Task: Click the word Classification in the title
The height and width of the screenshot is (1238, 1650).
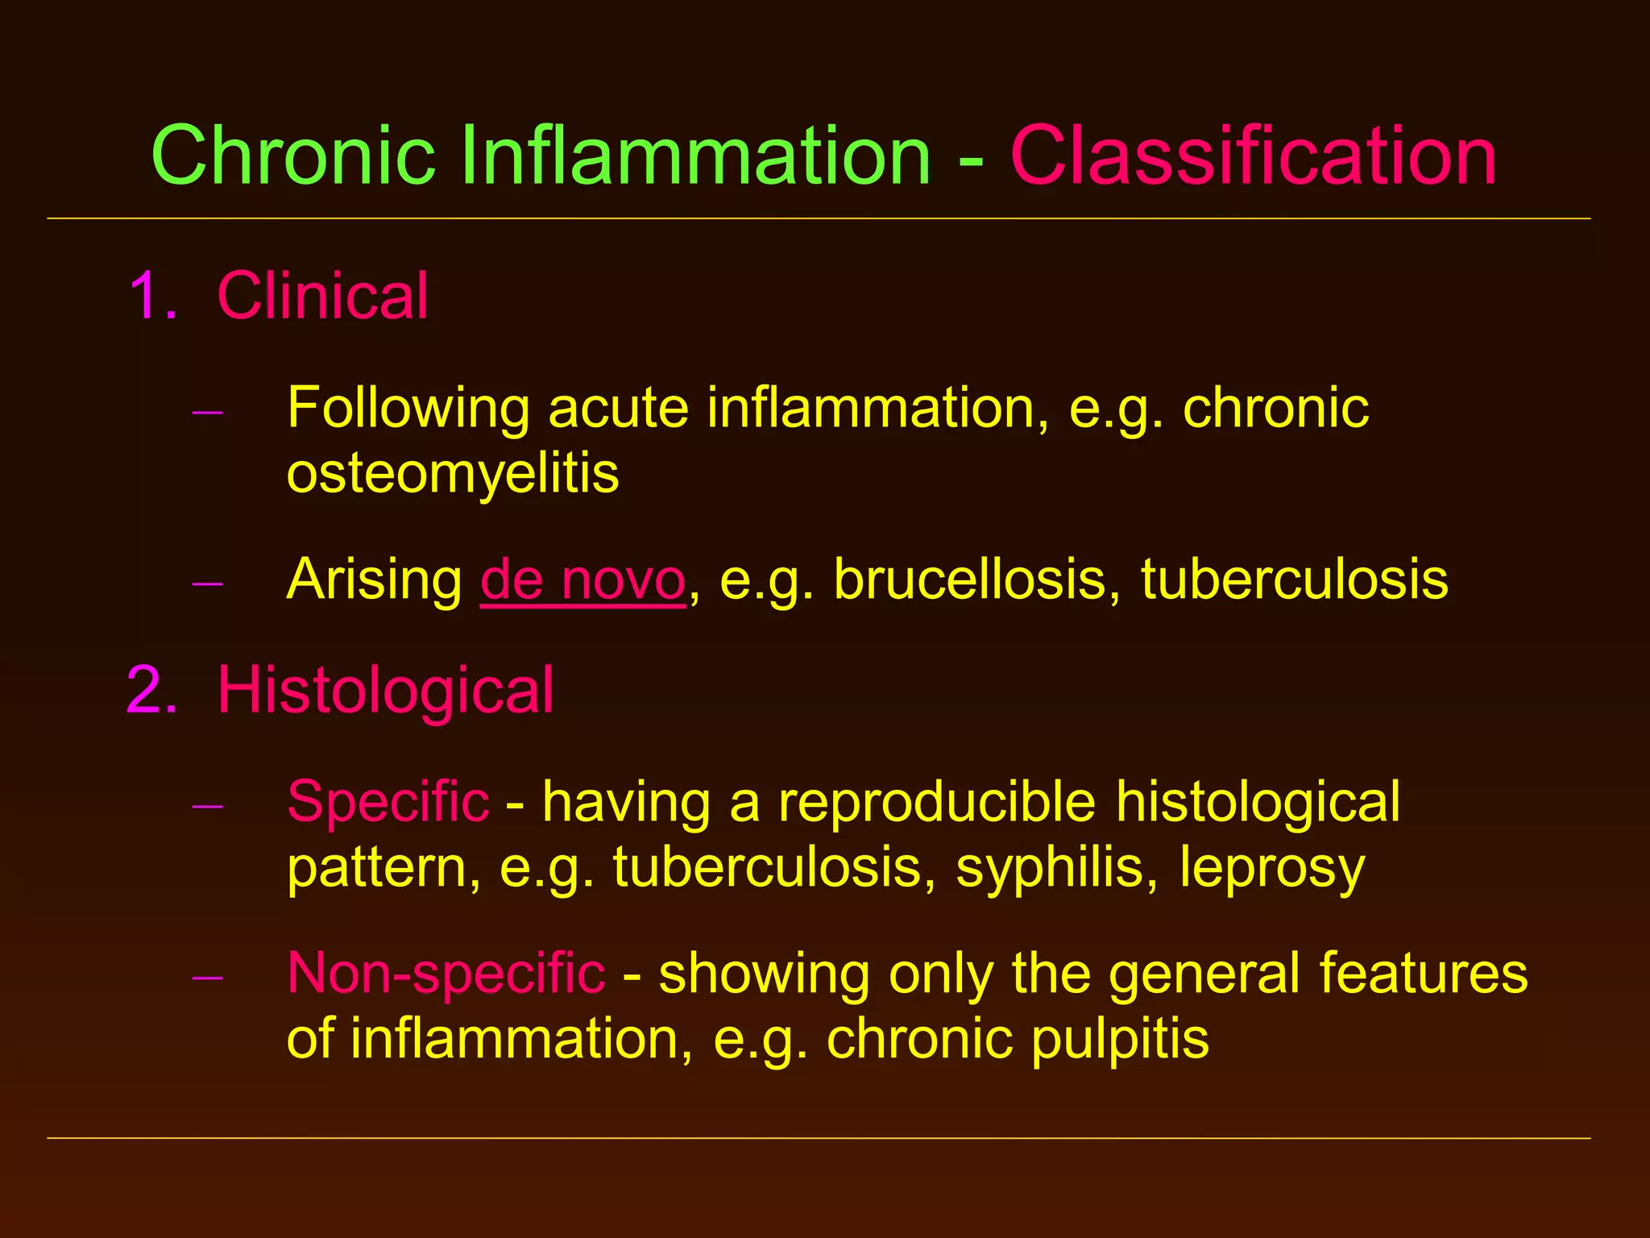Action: (1253, 155)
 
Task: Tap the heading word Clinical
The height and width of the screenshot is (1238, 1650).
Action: (322, 296)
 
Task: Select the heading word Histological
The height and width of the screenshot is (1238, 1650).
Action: (385, 691)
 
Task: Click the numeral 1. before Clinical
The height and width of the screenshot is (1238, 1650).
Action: (153, 296)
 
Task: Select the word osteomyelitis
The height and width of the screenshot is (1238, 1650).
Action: (453, 473)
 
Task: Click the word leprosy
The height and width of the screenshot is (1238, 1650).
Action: (1272, 869)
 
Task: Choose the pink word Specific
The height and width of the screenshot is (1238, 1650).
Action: (388, 803)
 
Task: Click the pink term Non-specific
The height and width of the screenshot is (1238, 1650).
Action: (446, 974)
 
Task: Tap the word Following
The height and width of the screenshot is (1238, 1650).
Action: (408, 409)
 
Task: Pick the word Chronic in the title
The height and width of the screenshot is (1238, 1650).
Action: (293, 155)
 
